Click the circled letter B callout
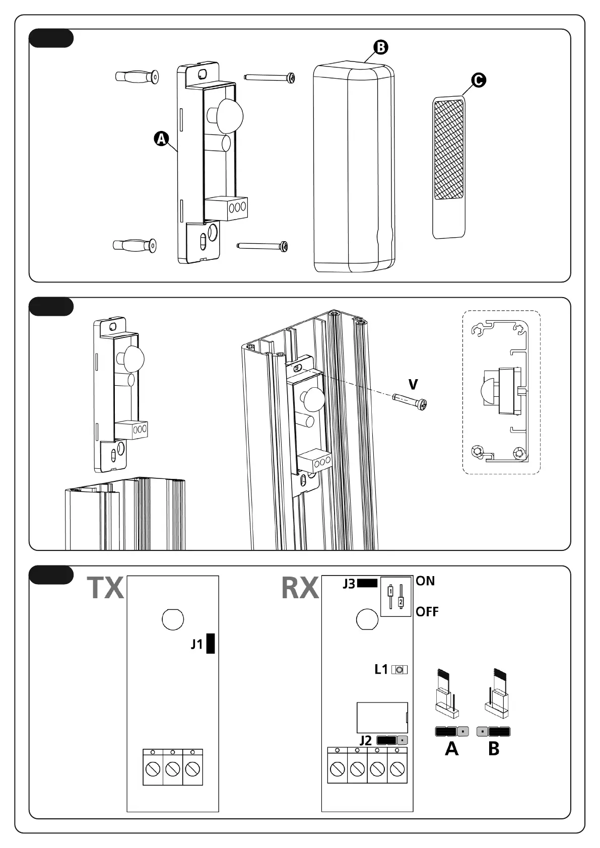click(380, 47)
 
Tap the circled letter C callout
click(478, 80)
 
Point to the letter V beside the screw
click(413, 385)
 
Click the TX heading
click(105, 587)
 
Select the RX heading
click(300, 587)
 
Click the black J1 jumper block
click(211, 644)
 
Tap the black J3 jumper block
click(367, 583)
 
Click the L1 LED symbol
click(399, 670)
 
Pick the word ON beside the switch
click(425, 581)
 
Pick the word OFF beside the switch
click(427, 612)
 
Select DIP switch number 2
click(401, 601)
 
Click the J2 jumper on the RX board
click(392, 740)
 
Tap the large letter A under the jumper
click(452, 749)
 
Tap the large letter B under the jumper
click(494, 749)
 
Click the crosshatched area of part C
click(448, 141)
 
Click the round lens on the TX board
click(173, 619)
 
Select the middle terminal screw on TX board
click(173, 769)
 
